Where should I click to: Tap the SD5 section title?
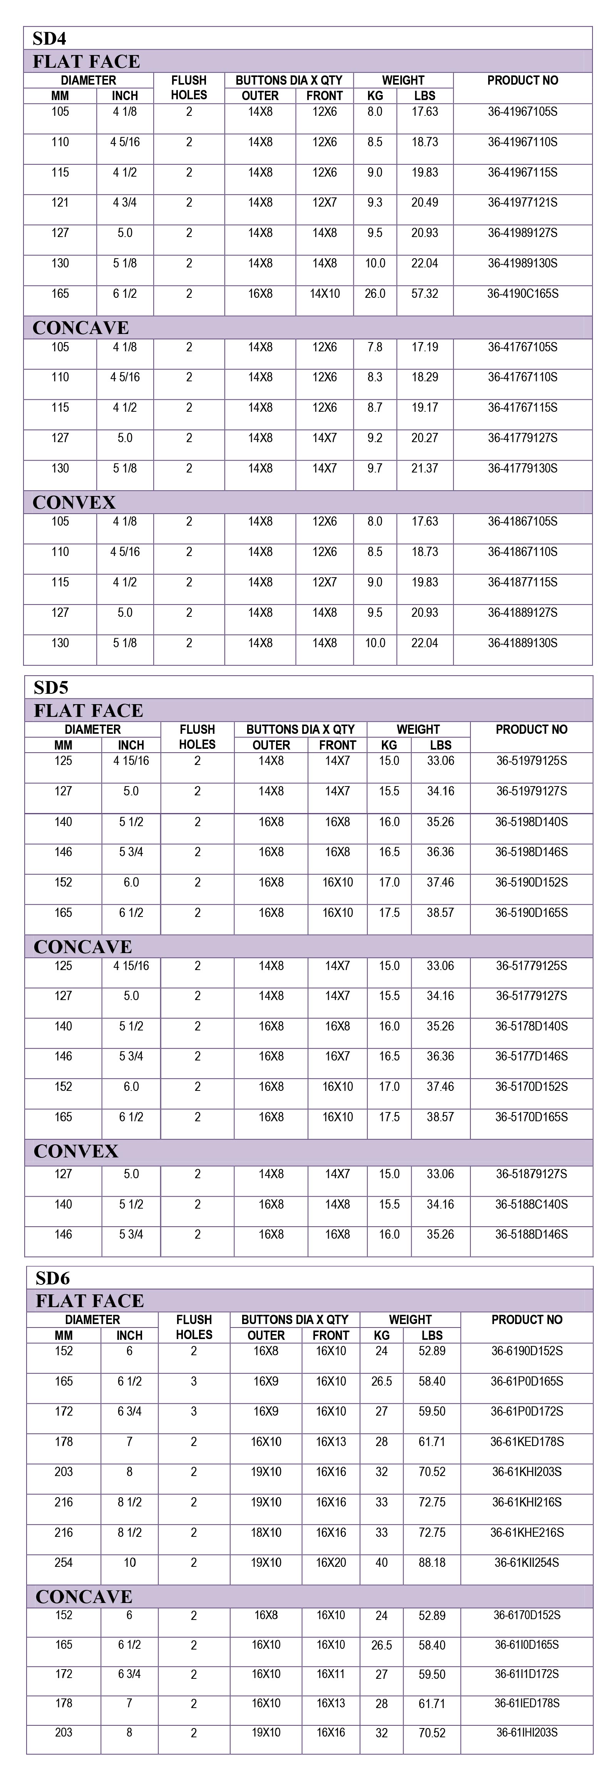51,687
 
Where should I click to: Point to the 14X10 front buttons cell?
325,293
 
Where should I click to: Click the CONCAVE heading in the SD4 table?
81,328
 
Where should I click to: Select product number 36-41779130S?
522,468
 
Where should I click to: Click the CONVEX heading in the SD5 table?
76,1151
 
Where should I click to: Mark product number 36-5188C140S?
531,1204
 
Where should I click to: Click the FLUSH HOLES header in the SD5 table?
197,736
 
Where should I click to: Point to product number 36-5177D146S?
531,1056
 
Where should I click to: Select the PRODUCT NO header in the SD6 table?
527,1319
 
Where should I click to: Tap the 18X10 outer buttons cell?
266,1532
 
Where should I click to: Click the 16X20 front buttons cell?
331,1563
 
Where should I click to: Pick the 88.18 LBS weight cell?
432,1563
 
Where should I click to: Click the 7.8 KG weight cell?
375,347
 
